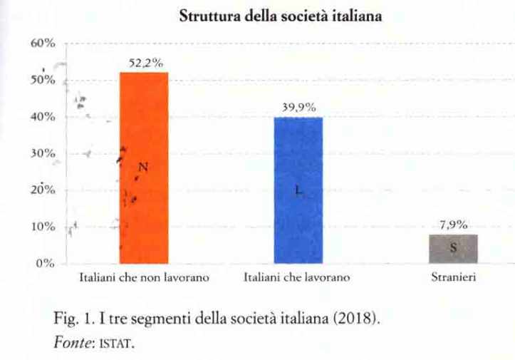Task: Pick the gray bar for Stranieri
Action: point(453,249)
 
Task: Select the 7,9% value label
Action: point(453,225)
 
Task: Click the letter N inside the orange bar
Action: point(142,168)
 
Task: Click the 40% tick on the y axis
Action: point(43,117)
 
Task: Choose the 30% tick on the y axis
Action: point(43,153)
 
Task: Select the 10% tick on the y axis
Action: point(43,227)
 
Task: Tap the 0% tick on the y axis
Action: point(46,263)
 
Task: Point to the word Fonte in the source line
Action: point(70,342)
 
